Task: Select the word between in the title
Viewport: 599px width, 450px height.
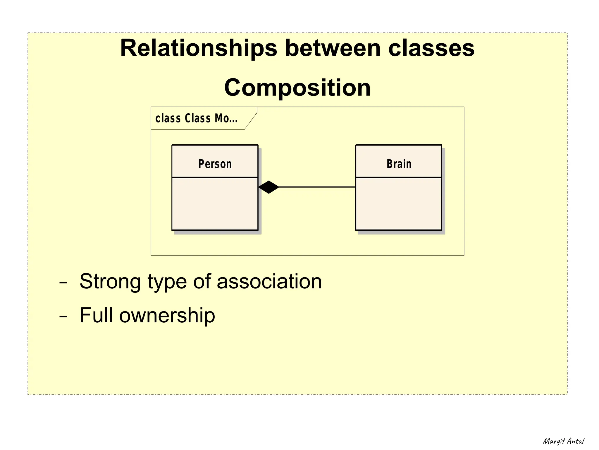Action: click(333, 48)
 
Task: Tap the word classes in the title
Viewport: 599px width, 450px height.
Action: click(431, 48)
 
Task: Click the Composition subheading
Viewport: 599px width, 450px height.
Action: click(297, 88)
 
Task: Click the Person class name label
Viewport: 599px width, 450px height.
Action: click(215, 164)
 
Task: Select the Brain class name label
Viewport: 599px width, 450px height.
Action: click(399, 164)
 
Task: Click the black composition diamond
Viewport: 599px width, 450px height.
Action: click(268, 187)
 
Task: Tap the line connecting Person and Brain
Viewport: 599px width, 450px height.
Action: click(317, 187)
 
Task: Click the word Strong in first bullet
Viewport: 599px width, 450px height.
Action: click(110, 282)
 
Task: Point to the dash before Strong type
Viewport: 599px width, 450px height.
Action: click(63, 283)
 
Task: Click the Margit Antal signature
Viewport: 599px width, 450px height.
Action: click(563, 441)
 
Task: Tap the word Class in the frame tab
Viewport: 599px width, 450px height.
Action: click(197, 118)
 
